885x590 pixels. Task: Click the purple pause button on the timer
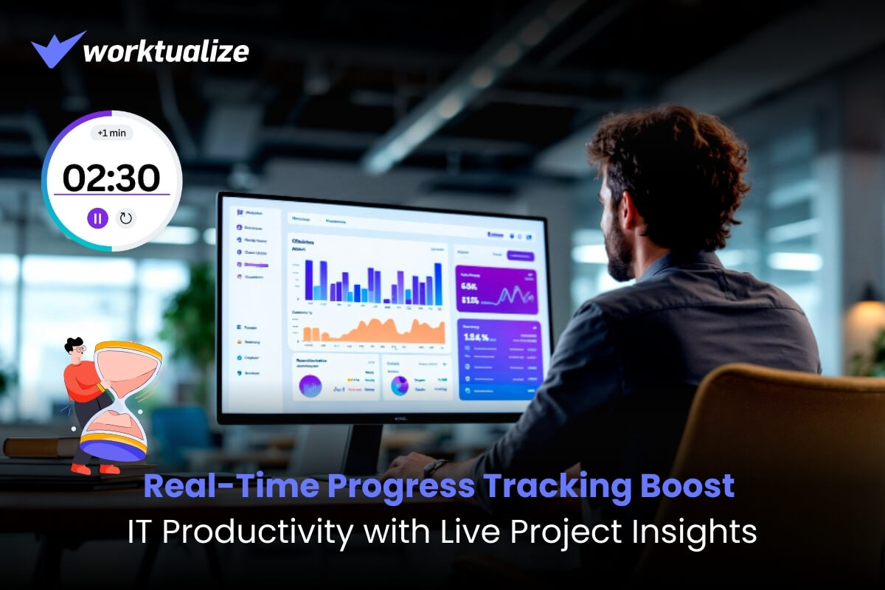97,218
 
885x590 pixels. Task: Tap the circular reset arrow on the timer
126,218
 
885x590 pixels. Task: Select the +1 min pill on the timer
111,134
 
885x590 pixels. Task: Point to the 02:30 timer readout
111,178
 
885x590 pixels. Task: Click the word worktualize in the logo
166,51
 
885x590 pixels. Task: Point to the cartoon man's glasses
79,347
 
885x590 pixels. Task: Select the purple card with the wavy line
496,290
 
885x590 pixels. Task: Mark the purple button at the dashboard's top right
521,255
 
